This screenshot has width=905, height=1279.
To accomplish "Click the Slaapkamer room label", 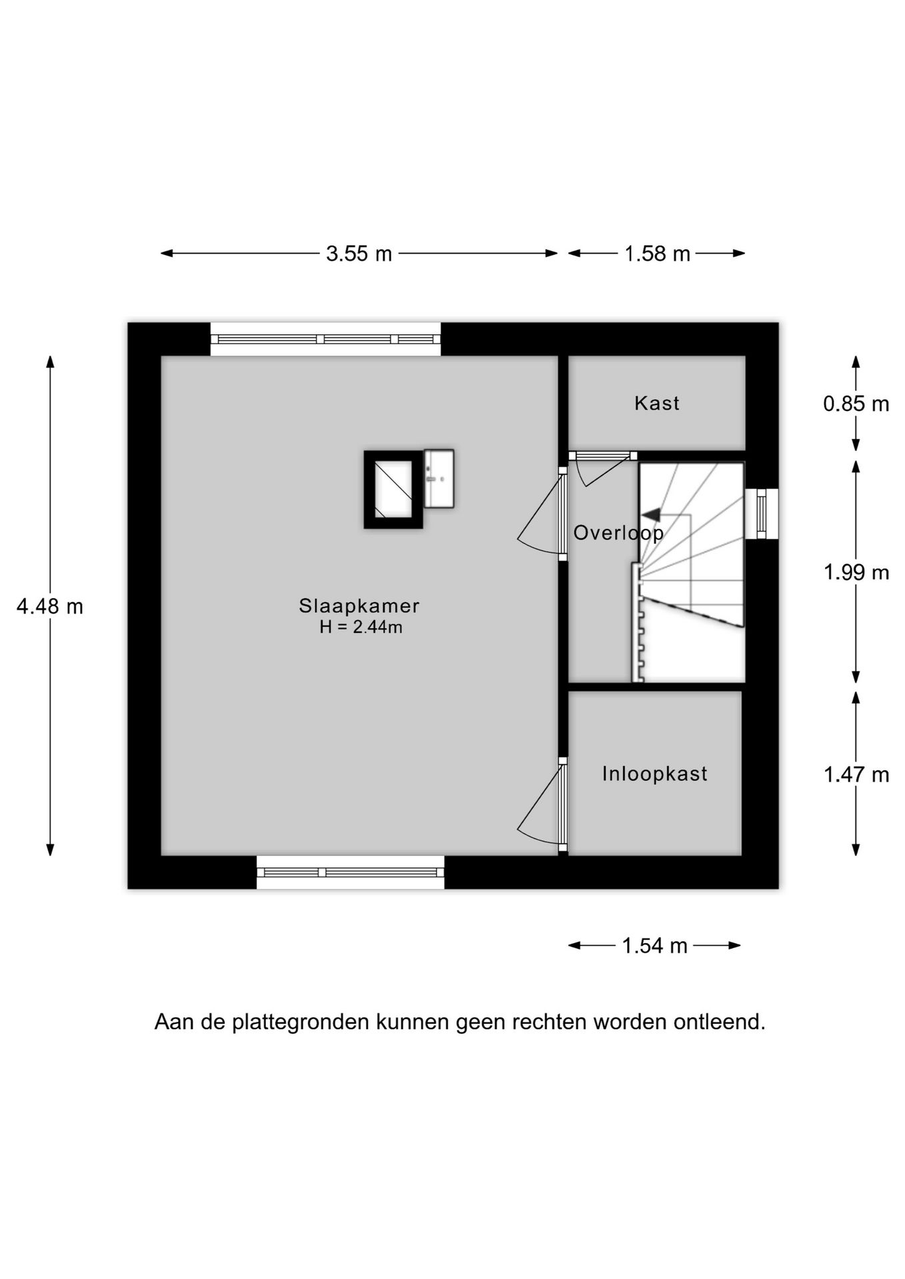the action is pyautogui.click(x=359, y=606).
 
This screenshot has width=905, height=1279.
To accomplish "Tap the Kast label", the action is pyautogui.click(x=656, y=403).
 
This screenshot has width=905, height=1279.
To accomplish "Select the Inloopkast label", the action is pyautogui.click(x=654, y=773).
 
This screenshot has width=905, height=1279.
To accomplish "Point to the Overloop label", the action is pyautogui.click(x=618, y=533).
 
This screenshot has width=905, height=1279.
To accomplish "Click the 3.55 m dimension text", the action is pyautogui.click(x=359, y=254).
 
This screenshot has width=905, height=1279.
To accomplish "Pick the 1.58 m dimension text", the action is pyautogui.click(x=657, y=254).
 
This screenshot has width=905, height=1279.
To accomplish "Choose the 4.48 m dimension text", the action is pyautogui.click(x=50, y=607).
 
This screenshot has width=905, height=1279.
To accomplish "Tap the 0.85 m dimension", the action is pyautogui.click(x=856, y=404).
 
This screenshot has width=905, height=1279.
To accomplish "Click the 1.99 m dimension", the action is pyautogui.click(x=856, y=572).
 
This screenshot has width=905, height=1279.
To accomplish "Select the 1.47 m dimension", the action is pyautogui.click(x=856, y=775).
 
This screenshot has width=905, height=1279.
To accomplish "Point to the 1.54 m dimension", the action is pyautogui.click(x=654, y=946).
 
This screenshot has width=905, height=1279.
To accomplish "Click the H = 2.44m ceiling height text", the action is pyautogui.click(x=361, y=627).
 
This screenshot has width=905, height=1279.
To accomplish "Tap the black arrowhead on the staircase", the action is pyautogui.click(x=650, y=514).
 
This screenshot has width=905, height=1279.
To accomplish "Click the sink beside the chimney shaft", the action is pyautogui.click(x=439, y=478).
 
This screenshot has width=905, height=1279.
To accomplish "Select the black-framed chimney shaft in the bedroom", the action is pyautogui.click(x=393, y=490).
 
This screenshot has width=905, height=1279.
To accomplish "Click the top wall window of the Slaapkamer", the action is pyautogui.click(x=326, y=339).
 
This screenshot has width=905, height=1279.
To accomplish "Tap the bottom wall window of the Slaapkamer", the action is pyautogui.click(x=351, y=872).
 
